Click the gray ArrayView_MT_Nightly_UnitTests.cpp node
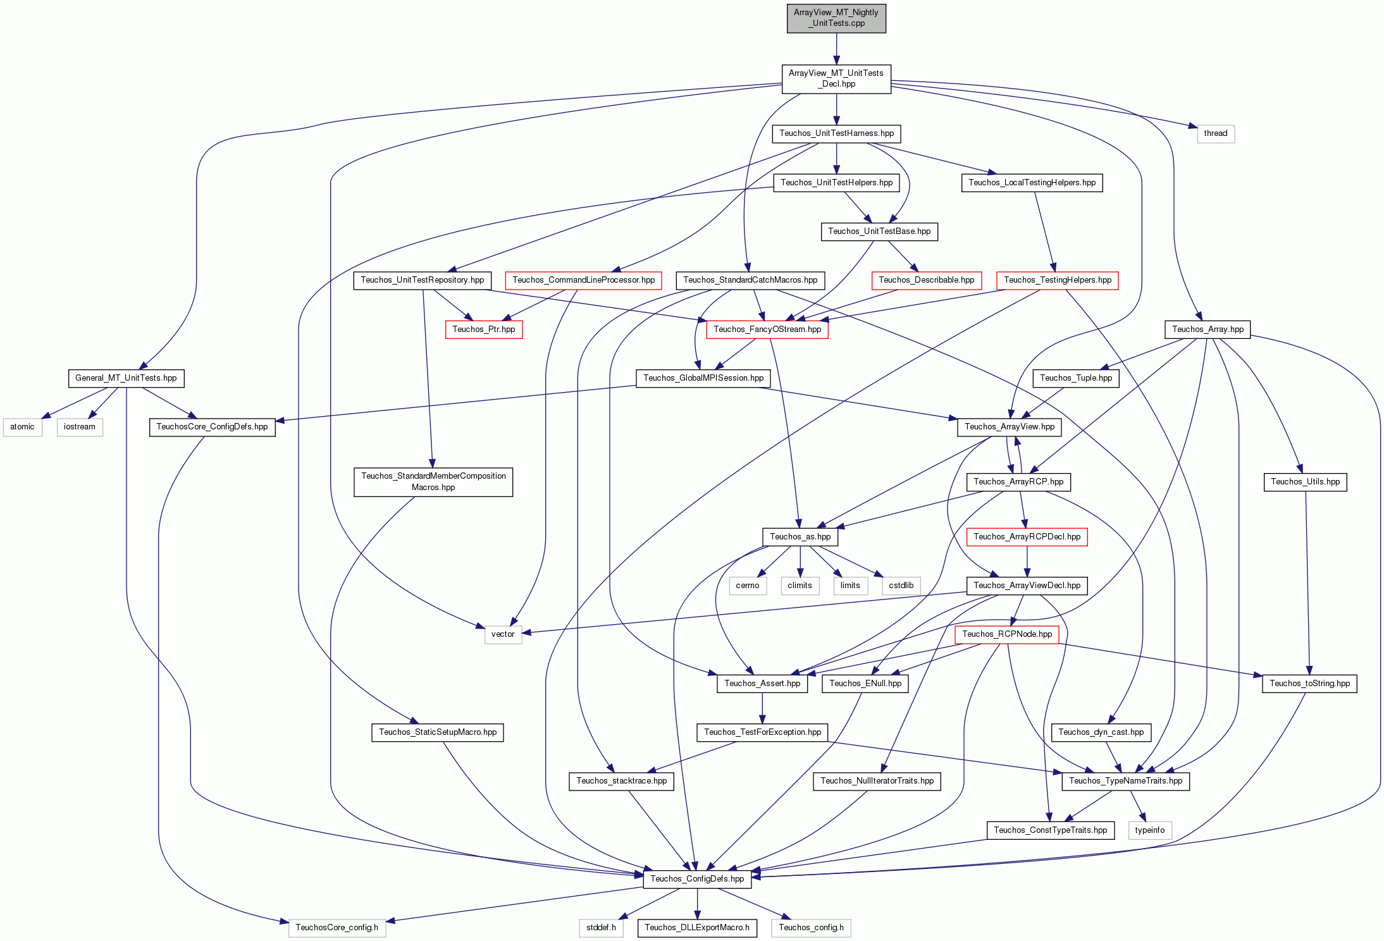point(836,18)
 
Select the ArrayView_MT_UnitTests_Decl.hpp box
point(836,78)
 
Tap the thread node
point(1215,133)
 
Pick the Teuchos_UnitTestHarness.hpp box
point(836,133)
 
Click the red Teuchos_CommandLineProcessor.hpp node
point(583,280)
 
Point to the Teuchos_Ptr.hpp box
point(484,329)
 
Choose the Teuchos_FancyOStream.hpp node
point(767,329)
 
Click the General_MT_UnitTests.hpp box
point(126,378)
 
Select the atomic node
point(22,427)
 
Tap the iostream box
point(80,427)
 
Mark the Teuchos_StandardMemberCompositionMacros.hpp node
point(433,482)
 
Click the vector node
point(503,634)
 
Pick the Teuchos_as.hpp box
point(800,537)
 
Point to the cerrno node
point(748,586)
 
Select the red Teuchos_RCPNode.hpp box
point(1006,634)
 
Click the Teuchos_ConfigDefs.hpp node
point(697,879)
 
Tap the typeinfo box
point(1150,830)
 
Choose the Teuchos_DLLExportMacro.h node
point(697,928)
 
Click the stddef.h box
point(601,928)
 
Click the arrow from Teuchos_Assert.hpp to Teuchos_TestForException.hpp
point(762,708)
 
